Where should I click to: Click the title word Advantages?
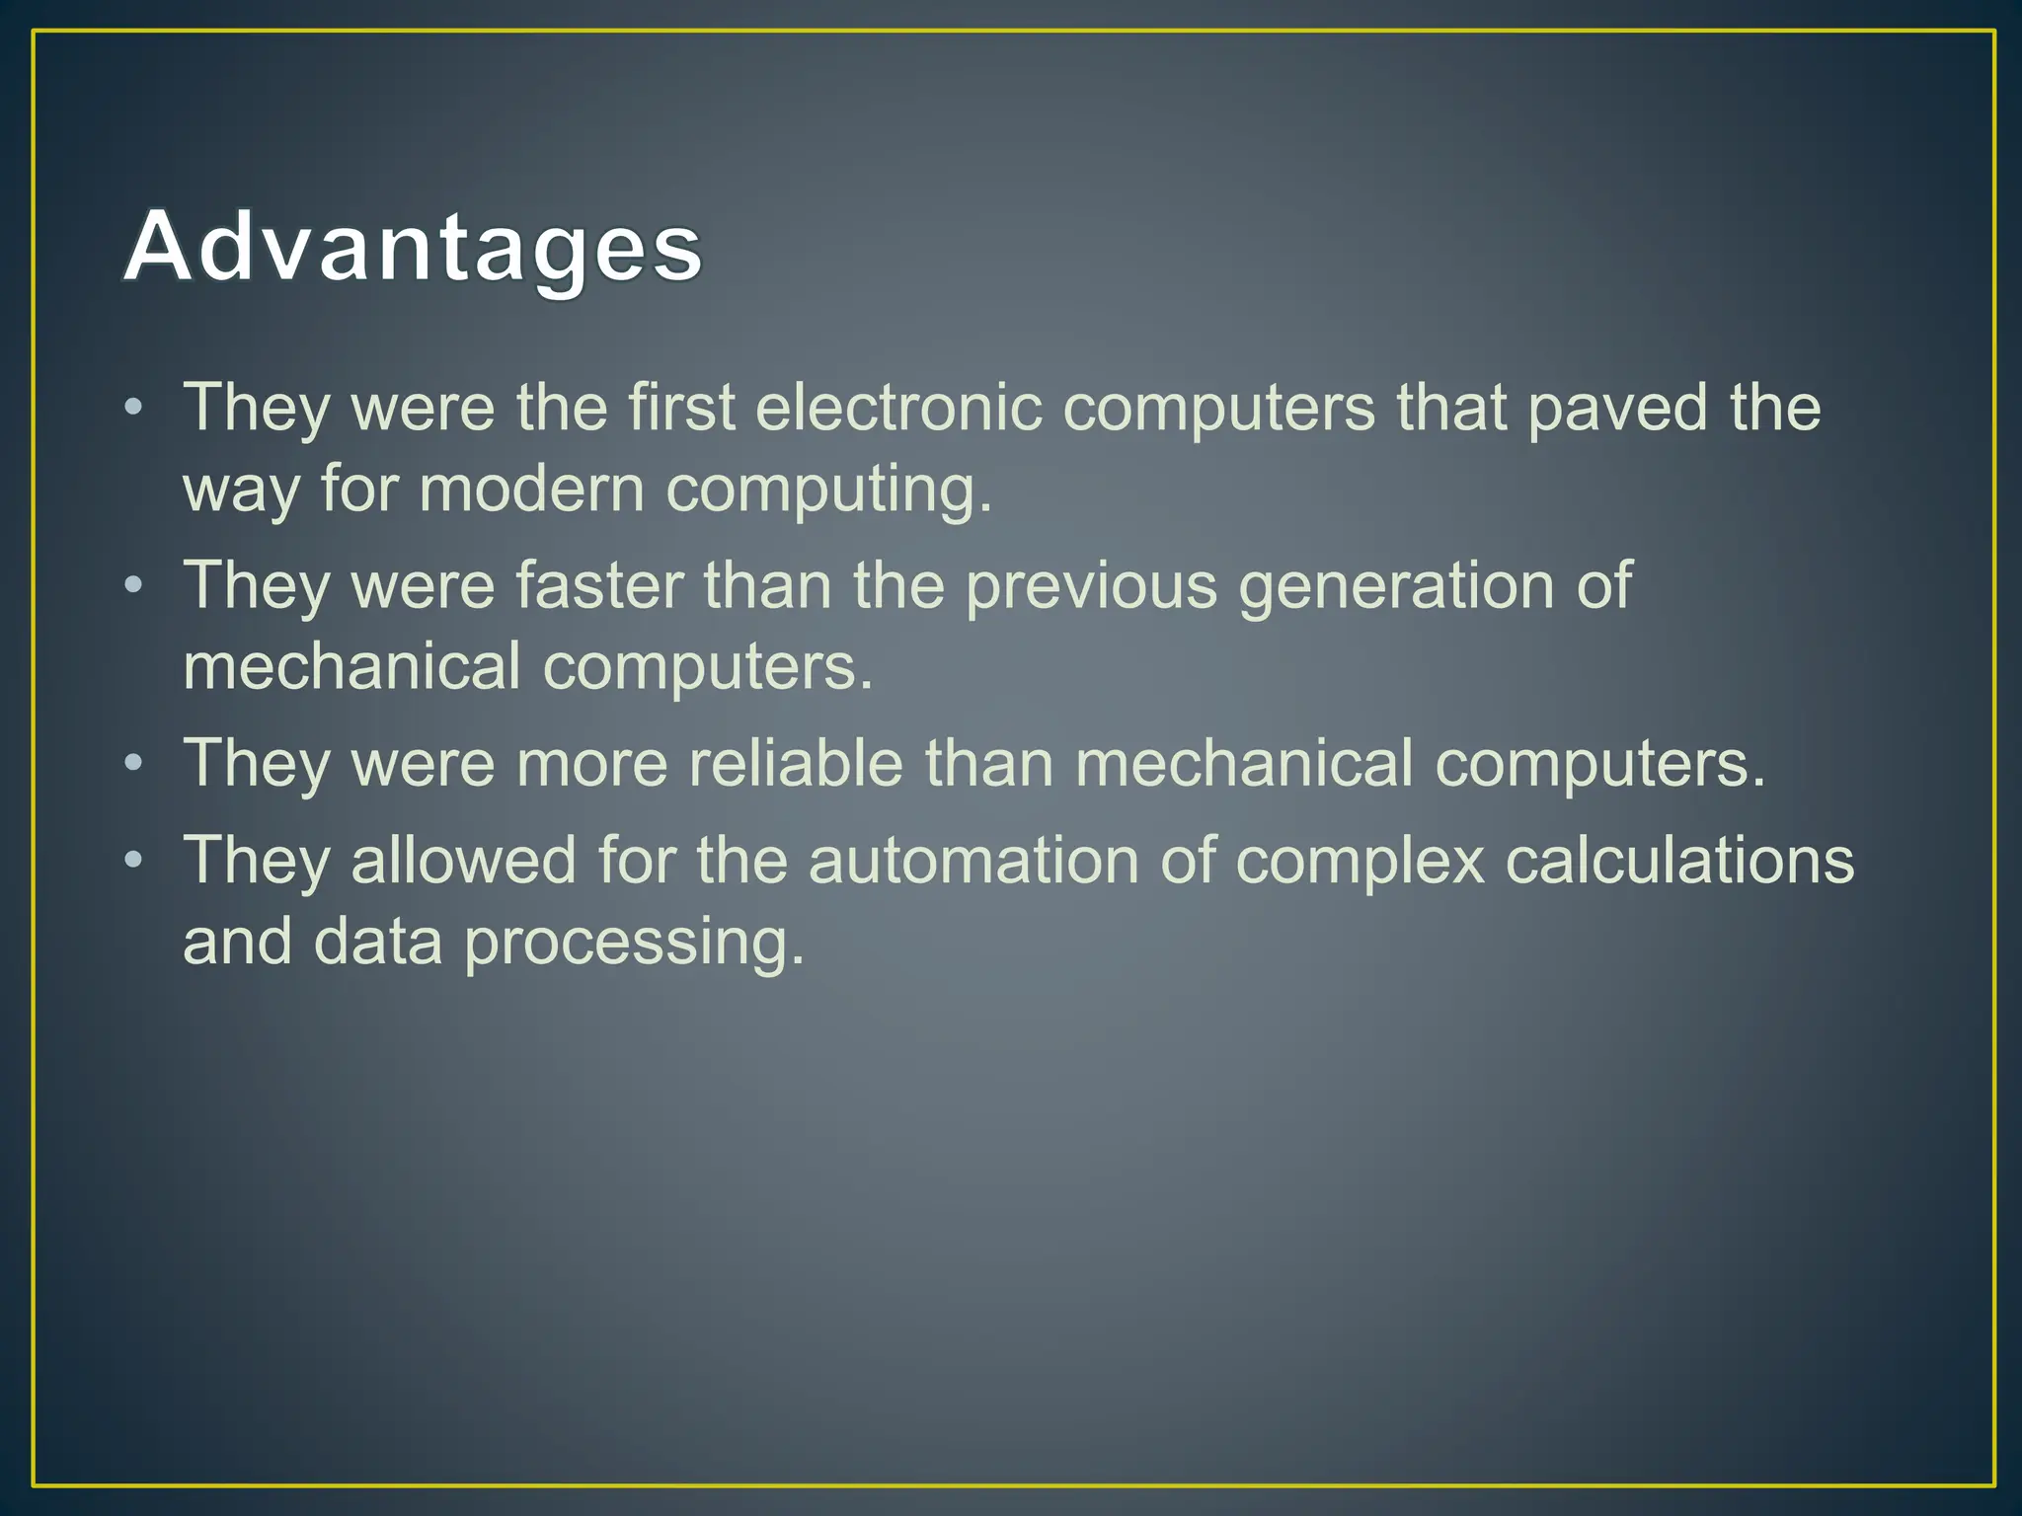click(x=413, y=247)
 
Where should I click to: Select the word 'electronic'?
click(x=898, y=407)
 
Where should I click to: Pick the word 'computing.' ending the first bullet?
click(x=829, y=491)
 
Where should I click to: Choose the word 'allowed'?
click(x=463, y=860)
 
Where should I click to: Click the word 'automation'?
click(x=972, y=860)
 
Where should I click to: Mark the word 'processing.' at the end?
click(x=634, y=943)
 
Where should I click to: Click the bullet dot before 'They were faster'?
click(x=134, y=586)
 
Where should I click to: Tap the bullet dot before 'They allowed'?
click(x=134, y=861)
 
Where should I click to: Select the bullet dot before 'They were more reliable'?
click(x=134, y=764)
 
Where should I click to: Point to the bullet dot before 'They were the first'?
click(x=134, y=408)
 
